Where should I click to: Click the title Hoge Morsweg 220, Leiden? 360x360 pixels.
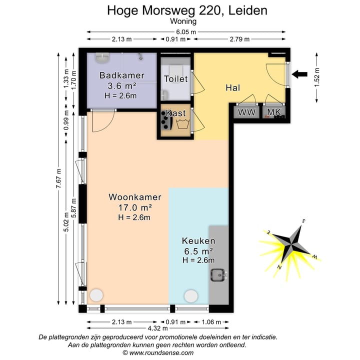(187, 10)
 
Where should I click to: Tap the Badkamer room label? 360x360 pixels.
(121, 75)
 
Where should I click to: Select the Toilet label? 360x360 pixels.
(175, 79)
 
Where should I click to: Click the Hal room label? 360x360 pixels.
(233, 87)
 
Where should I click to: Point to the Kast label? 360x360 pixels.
(175, 113)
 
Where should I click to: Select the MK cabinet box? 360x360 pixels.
(273, 112)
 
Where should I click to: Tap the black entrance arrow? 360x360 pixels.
(300, 74)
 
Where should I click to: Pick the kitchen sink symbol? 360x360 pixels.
(218, 274)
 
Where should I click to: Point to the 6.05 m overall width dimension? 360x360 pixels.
(187, 31)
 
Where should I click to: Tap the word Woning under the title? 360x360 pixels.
(183, 21)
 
